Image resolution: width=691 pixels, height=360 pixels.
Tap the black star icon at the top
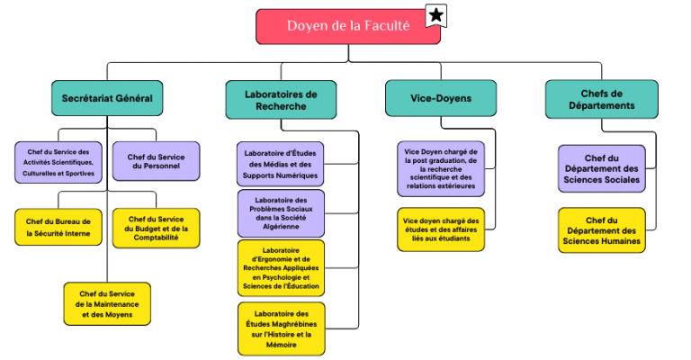pyautogui.click(x=436, y=15)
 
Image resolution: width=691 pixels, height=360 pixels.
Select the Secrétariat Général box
pyautogui.click(x=107, y=98)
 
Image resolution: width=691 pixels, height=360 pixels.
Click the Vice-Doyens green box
pyautogui.click(x=440, y=98)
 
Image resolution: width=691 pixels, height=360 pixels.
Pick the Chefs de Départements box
pyautogui.click(x=602, y=98)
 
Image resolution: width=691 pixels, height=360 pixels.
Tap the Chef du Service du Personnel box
pyautogui.click(x=156, y=160)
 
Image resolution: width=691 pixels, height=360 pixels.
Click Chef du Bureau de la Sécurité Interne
pyautogui.click(x=58, y=227)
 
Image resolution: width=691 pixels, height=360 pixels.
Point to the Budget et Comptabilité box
pyautogui.click(x=156, y=227)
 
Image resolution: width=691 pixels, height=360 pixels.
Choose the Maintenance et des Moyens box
pyautogui.click(x=107, y=302)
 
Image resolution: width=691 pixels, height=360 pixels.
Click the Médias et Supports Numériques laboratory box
pyautogui.click(x=281, y=163)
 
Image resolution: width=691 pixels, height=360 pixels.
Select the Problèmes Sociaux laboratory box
pyautogui.click(x=281, y=213)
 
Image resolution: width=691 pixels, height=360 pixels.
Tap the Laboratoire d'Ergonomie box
pyautogui.click(x=281, y=267)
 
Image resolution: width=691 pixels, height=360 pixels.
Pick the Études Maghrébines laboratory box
pyautogui.click(x=281, y=328)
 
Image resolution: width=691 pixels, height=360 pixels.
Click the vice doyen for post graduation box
pyautogui.click(x=440, y=168)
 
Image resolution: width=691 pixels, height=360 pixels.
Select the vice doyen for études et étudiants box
pyautogui.click(x=440, y=229)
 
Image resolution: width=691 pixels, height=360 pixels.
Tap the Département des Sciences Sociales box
pyautogui.click(x=602, y=168)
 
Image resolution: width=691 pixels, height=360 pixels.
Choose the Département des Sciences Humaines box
pyautogui.click(x=602, y=230)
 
